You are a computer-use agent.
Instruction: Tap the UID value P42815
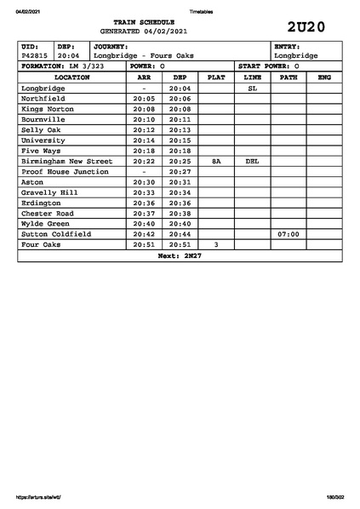tap(35, 55)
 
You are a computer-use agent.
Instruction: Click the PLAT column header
tap(216, 77)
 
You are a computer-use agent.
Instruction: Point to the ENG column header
tap(324, 77)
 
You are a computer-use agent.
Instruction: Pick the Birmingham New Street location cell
tap(66, 161)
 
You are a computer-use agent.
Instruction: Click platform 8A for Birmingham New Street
tap(216, 161)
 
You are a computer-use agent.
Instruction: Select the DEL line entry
tap(252, 161)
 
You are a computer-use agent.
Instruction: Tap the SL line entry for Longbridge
tap(252, 89)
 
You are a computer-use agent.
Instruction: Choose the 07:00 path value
tap(289, 233)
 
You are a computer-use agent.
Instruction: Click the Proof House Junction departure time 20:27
tap(180, 171)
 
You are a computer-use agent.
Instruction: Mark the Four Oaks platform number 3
tap(216, 244)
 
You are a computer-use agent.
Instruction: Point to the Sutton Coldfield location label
tap(55, 233)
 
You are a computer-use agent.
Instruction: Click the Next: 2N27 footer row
tap(180, 255)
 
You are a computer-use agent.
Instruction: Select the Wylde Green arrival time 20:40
tap(144, 223)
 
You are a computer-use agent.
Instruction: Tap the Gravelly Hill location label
tap(49, 192)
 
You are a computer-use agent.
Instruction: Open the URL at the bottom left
tap(37, 497)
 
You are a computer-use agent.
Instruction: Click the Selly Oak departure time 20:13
tap(180, 129)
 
